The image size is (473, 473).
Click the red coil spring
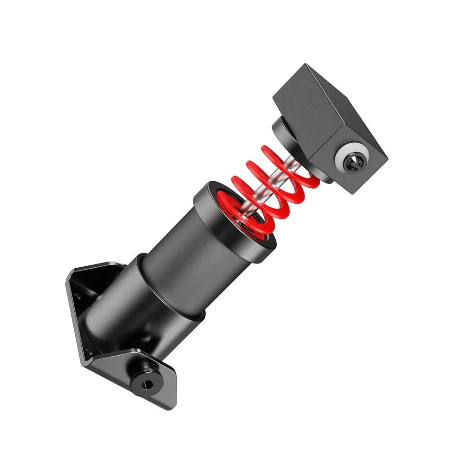point(272,189)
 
